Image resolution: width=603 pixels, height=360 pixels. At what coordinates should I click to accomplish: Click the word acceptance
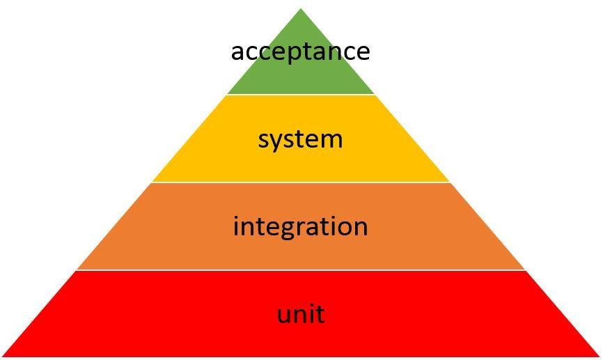[x=300, y=52]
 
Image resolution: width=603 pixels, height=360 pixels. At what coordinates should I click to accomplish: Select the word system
[x=300, y=139]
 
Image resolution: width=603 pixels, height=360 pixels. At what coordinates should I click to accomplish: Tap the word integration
[x=300, y=226]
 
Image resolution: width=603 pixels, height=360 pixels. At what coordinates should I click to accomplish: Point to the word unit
[x=300, y=314]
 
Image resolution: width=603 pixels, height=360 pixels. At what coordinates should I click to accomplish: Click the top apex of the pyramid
[x=301, y=10]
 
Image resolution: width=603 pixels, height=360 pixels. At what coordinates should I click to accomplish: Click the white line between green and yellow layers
[x=301, y=95]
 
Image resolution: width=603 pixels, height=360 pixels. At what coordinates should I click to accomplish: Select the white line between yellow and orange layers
[x=301, y=182]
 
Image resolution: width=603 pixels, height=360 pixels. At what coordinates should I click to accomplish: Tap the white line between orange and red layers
[x=301, y=270]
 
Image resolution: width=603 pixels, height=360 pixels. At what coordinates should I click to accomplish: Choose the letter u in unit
[x=285, y=315]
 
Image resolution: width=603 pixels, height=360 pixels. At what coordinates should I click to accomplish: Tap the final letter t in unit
[x=320, y=313]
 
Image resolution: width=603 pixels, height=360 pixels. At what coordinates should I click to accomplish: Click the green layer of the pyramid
[x=301, y=77]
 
